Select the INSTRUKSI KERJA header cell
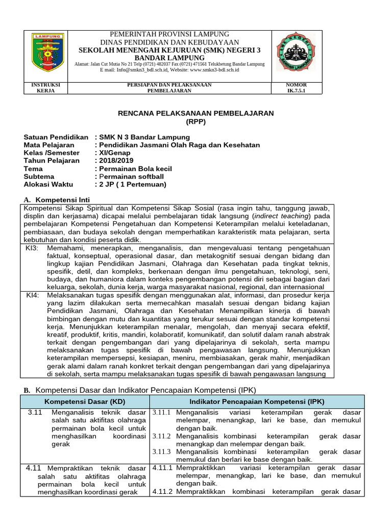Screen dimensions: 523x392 (x=46, y=87)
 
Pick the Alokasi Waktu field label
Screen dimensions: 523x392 (x=48, y=184)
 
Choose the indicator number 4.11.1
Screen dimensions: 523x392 (x=163, y=467)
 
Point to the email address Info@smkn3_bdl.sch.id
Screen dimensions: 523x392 (x=134, y=70)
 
